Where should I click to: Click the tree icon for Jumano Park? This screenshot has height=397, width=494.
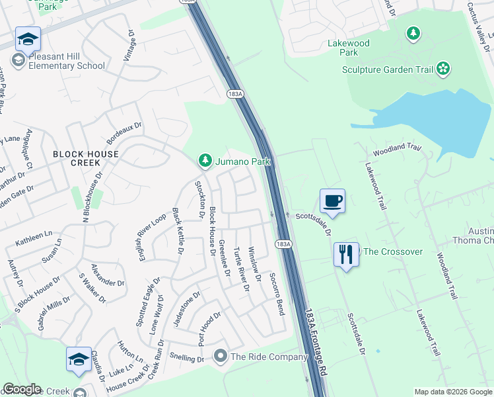tap(205, 161)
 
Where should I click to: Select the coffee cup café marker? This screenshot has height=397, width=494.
tap(332, 200)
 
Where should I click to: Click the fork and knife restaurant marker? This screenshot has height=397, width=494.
tap(346, 254)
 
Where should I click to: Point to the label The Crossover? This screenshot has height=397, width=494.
tap(393, 251)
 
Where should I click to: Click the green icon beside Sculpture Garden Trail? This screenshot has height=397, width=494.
tap(443, 68)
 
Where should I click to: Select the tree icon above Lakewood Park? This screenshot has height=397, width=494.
tap(413, 32)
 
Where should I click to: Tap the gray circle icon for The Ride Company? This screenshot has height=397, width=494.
tap(221, 357)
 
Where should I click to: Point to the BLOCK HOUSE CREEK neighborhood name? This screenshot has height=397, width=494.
tap(86, 158)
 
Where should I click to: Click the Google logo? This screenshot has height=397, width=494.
tap(21, 389)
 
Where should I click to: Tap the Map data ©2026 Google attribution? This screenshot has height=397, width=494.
tap(452, 392)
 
